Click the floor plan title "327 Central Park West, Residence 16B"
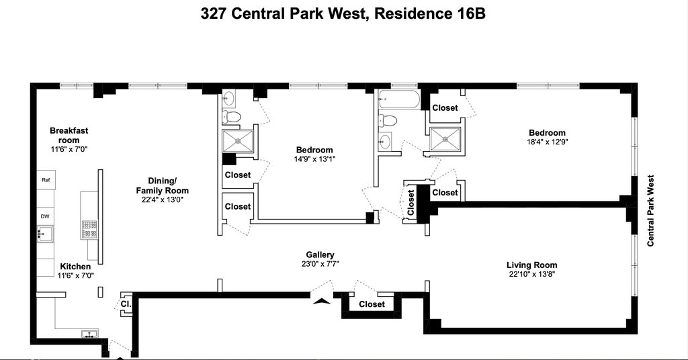[343, 13]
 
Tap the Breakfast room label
[69, 136]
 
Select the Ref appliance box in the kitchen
[46, 180]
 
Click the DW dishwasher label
[45, 216]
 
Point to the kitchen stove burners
[89, 229]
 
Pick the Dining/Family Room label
[162, 185]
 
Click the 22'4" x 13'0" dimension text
[162, 199]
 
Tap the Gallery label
[320, 255]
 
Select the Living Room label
[532, 265]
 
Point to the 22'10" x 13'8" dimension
[532, 275]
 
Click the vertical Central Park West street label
[650, 210]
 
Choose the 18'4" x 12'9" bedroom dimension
[547, 142]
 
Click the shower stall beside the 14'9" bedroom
[238, 141]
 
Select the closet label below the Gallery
[372, 304]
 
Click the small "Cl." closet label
[126, 304]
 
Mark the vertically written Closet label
[411, 203]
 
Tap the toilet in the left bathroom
[232, 117]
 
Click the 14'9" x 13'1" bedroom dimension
[314, 159]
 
